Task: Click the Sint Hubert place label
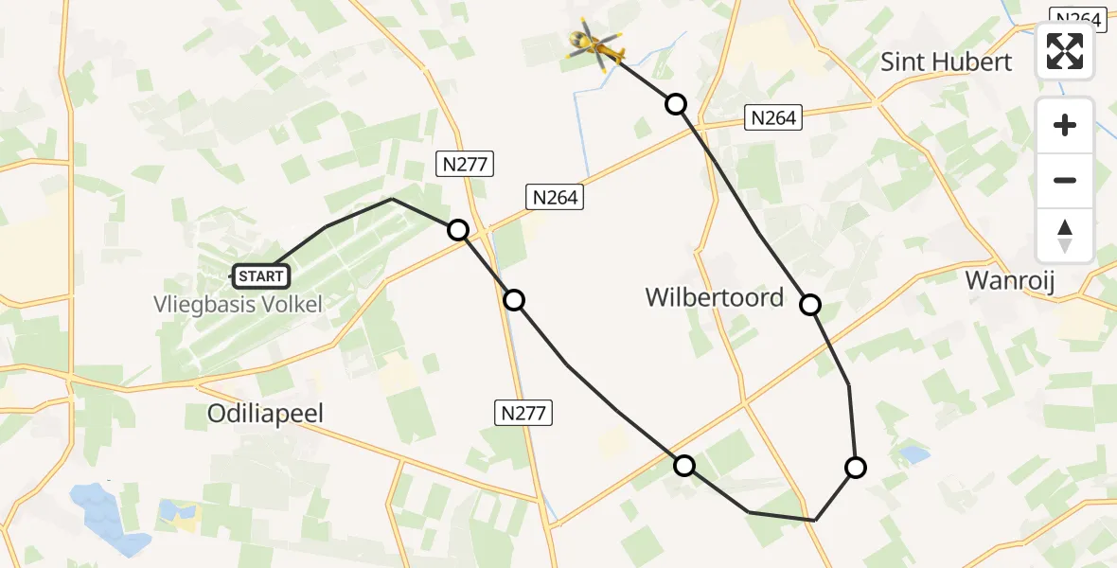(x=946, y=62)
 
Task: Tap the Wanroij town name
(x=1009, y=280)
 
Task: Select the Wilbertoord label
(x=715, y=297)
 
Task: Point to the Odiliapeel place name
(x=266, y=413)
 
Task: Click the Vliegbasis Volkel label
(x=238, y=305)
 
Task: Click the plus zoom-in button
(x=1065, y=126)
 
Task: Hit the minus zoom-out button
(x=1065, y=180)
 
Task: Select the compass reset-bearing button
(x=1065, y=235)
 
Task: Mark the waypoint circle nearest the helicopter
(x=676, y=104)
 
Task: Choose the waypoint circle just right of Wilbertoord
(x=810, y=305)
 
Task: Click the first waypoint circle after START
(x=458, y=230)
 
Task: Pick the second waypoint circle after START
(x=513, y=300)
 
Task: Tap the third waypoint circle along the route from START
(x=683, y=465)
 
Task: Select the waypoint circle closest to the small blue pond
(x=855, y=467)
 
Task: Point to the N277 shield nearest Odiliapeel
(x=523, y=413)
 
